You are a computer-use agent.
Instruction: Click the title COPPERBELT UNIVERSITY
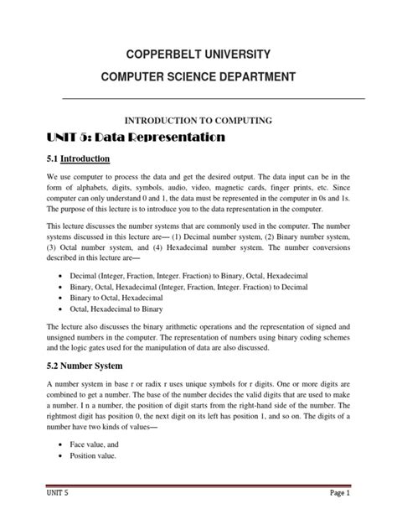point(198,55)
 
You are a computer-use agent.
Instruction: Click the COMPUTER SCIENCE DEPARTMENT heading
point(198,78)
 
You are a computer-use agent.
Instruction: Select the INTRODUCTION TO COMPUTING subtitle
point(198,121)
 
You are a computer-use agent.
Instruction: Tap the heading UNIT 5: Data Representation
point(135,136)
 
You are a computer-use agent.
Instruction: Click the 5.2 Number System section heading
point(85,366)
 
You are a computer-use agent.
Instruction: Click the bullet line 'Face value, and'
point(100,442)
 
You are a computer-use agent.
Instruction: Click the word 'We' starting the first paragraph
point(52,180)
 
